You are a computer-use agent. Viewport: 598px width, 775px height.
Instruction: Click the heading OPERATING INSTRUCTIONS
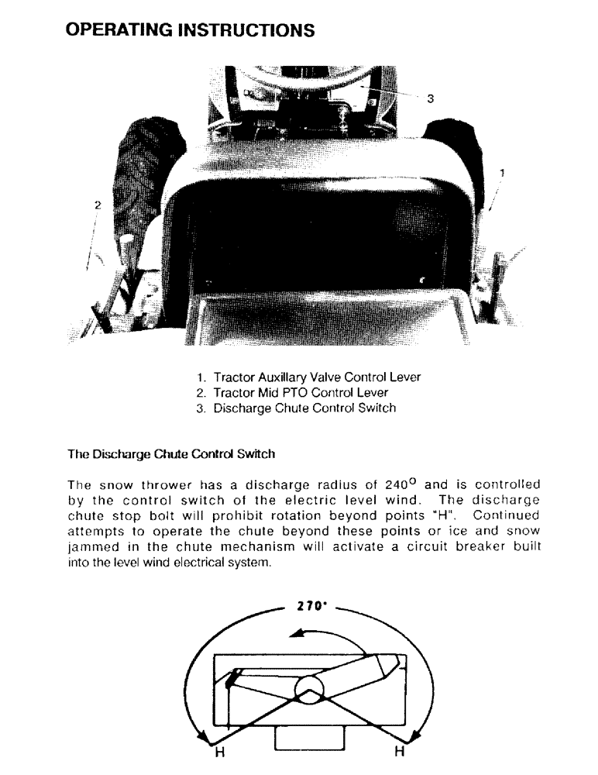click(x=191, y=30)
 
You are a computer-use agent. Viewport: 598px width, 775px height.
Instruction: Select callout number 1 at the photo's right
click(x=502, y=172)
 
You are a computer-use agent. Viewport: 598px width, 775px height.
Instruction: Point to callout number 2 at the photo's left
click(x=98, y=205)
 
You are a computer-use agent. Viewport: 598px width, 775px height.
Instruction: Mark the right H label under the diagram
click(x=400, y=750)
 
